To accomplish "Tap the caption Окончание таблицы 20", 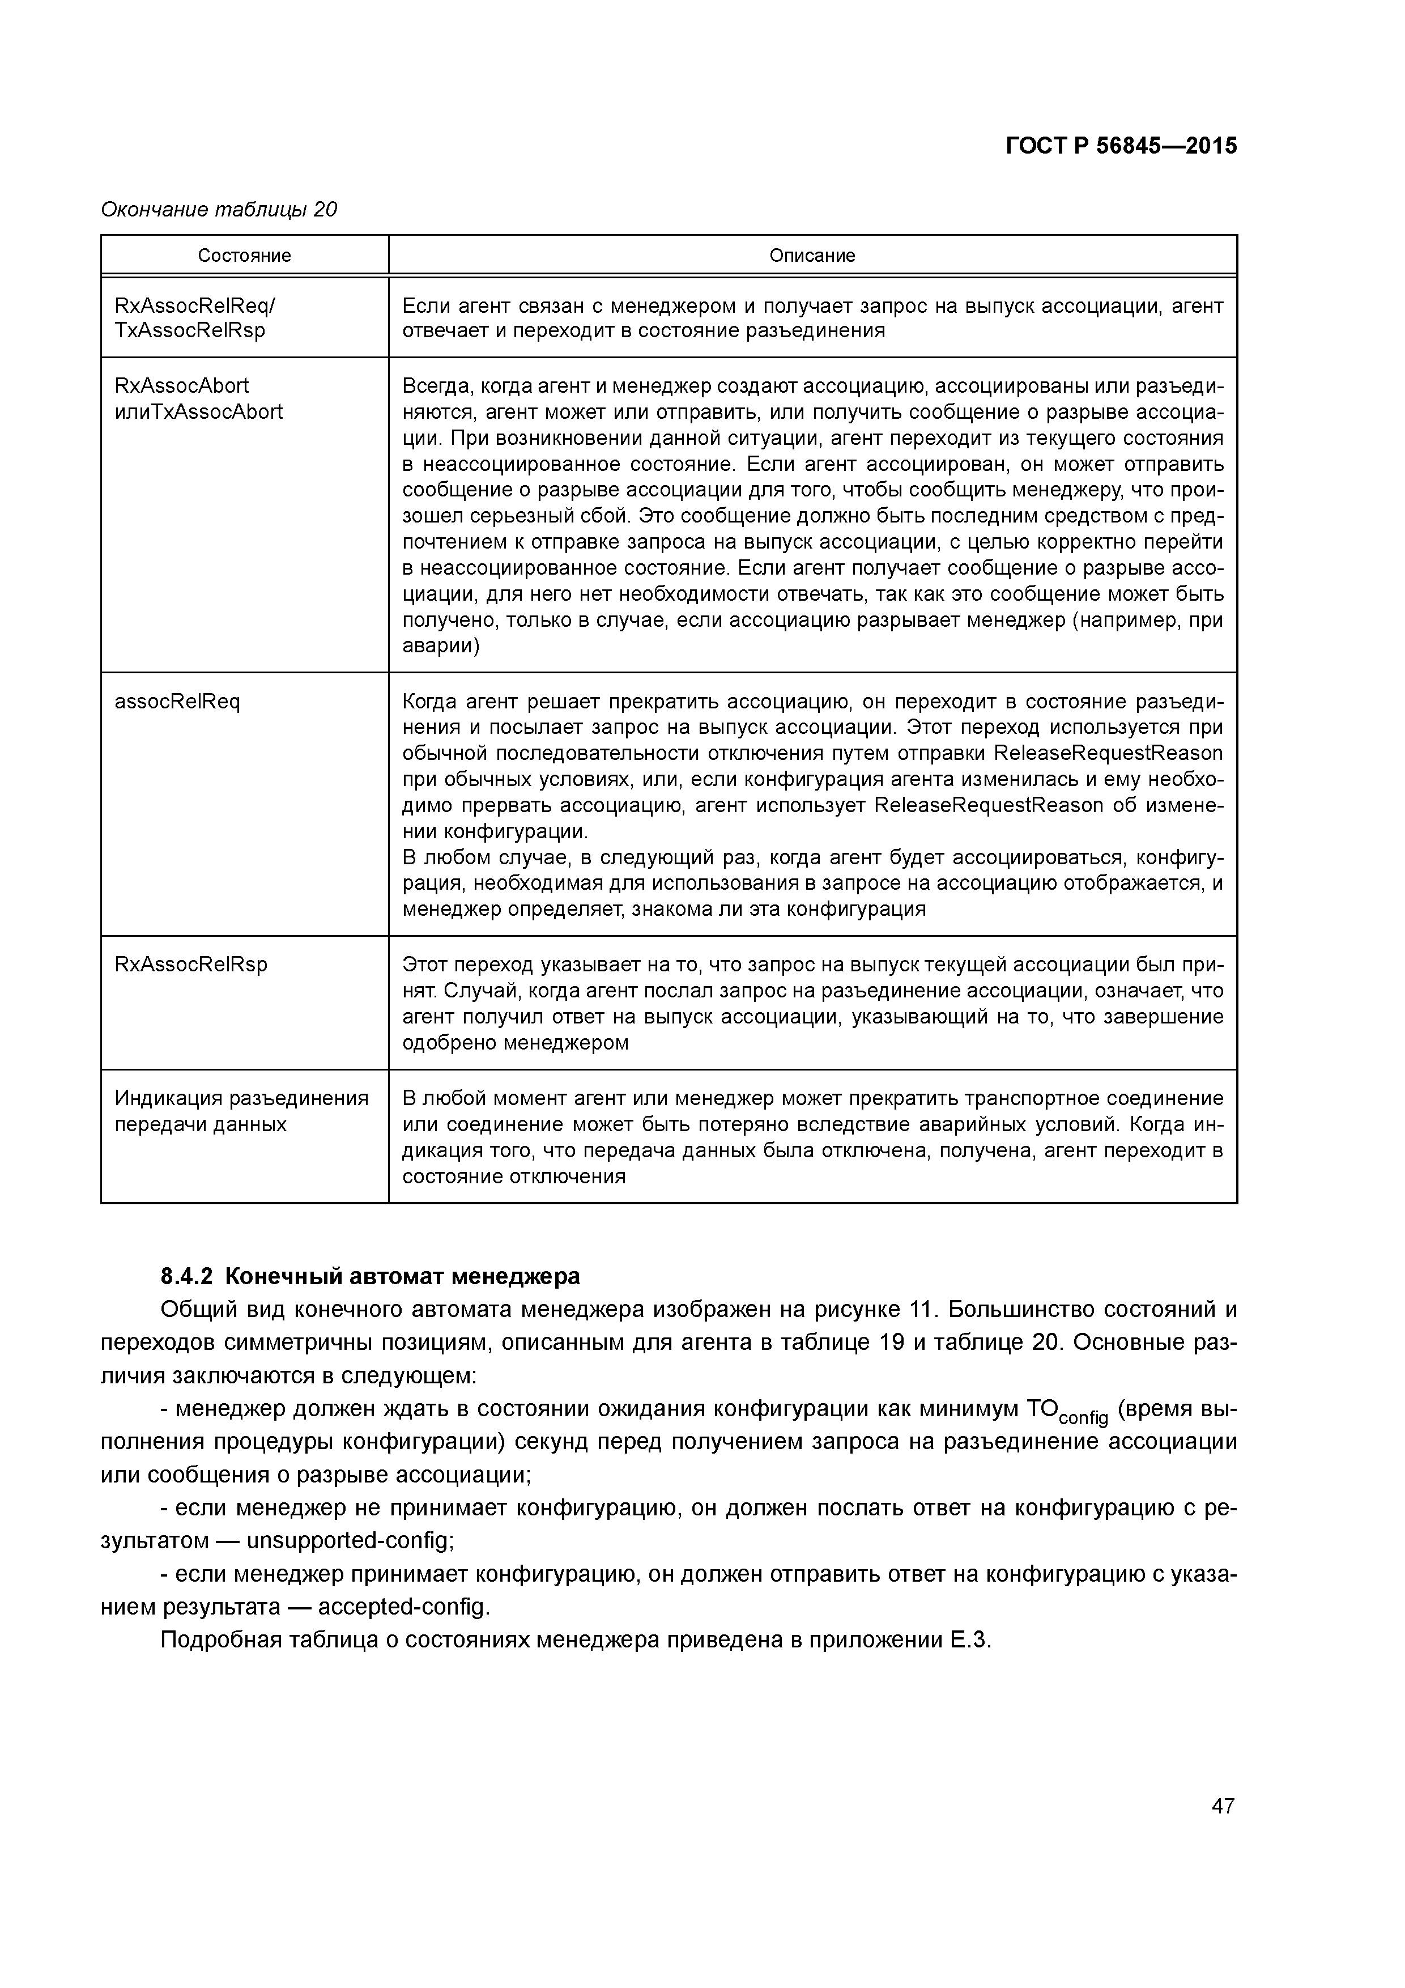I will pyautogui.click(x=219, y=210).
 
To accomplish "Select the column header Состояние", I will pyautogui.click(x=244, y=256).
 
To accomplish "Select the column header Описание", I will pyautogui.click(x=812, y=256).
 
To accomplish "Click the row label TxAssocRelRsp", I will pyautogui.click(x=190, y=331).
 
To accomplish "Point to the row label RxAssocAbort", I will pyautogui.click(x=182, y=385).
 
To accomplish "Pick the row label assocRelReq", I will pyautogui.click(x=177, y=702).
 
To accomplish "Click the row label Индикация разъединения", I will pyautogui.click(x=241, y=1099).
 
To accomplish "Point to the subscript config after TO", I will pyautogui.click(x=1083, y=1418).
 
